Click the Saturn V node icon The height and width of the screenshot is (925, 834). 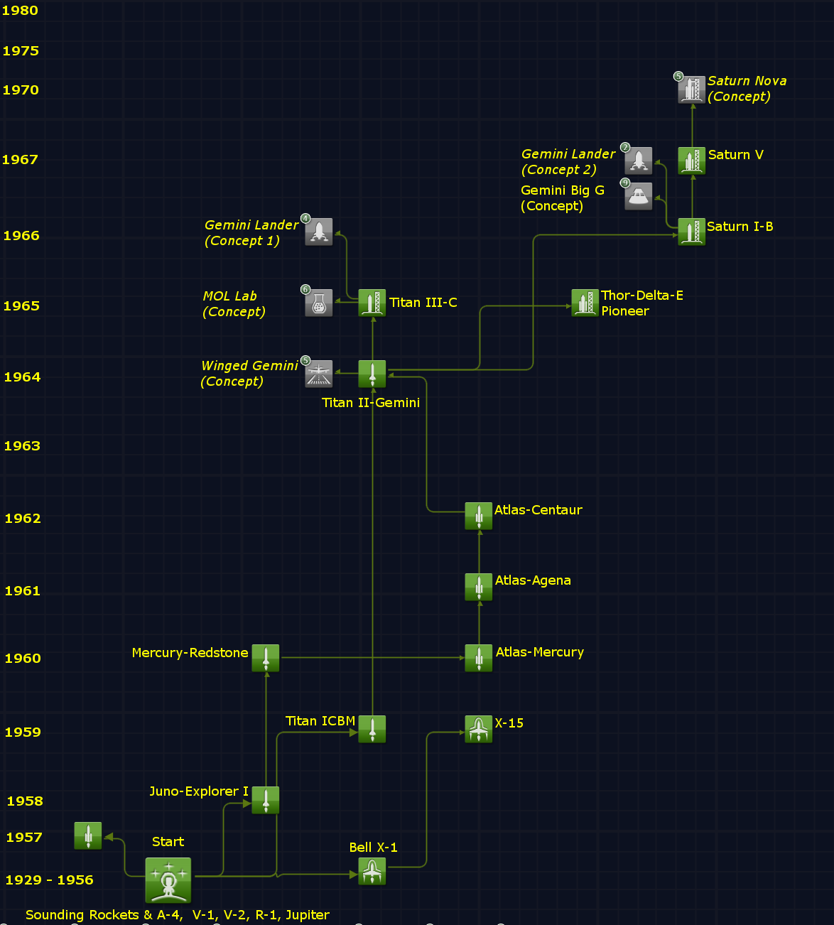coord(691,161)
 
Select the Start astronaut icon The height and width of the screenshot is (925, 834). coord(168,880)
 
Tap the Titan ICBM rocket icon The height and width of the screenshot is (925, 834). coord(372,729)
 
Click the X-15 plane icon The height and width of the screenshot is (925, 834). coord(479,729)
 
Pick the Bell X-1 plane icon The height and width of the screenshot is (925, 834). coord(372,871)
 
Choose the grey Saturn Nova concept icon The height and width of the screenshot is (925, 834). coord(691,90)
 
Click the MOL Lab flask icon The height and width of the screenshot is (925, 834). coord(319,303)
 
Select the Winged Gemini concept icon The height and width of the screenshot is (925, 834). coord(319,374)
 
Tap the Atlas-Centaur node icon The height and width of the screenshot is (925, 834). coord(479,516)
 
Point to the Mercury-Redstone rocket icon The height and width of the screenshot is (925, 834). coord(266,658)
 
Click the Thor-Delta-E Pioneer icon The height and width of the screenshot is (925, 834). coord(585,303)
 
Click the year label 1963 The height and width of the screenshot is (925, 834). coord(22,446)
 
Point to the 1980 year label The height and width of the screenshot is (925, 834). coord(20,11)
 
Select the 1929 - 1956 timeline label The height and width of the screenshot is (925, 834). coord(50,880)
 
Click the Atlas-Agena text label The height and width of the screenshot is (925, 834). coord(533,580)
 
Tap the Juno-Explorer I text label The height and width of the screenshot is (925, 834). coord(199,791)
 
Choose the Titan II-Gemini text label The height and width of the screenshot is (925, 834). coord(371,403)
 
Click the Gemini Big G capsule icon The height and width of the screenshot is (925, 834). coord(639,196)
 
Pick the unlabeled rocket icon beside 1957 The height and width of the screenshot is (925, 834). coord(88,835)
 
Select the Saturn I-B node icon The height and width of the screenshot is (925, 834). coord(691,232)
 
